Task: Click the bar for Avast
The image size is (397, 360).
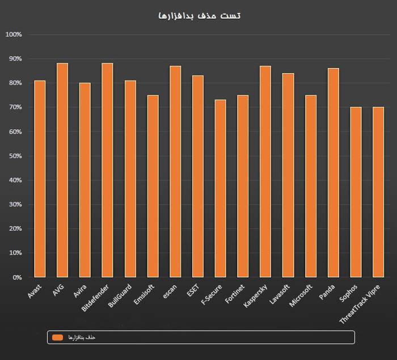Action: (40, 179)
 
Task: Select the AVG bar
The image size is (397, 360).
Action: (62, 170)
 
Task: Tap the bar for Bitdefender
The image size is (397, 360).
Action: (107, 170)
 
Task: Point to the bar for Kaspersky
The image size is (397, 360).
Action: (265, 171)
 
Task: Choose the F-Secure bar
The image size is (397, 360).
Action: (220, 188)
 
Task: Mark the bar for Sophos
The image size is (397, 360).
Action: (356, 192)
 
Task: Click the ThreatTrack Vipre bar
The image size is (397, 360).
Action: (378, 192)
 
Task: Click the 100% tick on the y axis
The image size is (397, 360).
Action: (13, 35)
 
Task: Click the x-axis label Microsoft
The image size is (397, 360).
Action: (301, 295)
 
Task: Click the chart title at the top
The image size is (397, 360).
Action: (199, 15)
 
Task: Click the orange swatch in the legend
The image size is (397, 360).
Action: (57, 337)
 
